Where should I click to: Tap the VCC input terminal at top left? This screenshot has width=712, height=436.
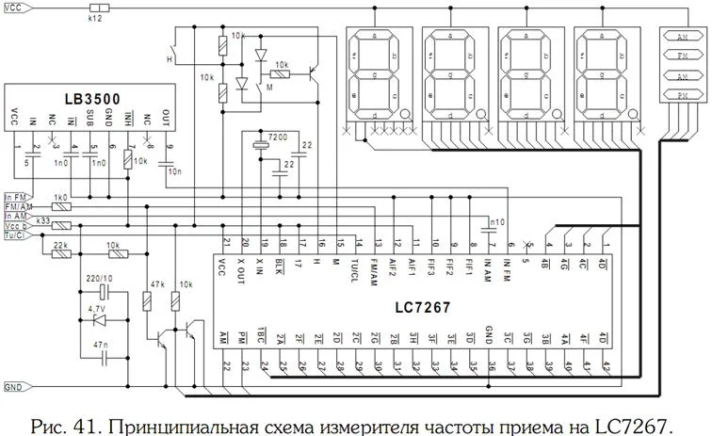(13, 7)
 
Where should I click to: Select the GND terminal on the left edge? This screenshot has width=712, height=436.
(13, 387)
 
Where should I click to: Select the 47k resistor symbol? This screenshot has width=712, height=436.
(147, 302)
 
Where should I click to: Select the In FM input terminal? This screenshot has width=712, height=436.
(15, 195)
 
